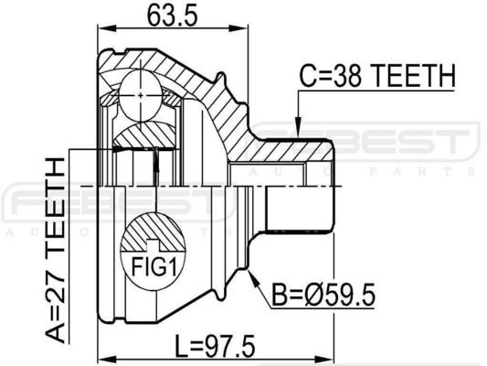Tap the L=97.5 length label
coord(215,345)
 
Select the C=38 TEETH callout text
coord(376,76)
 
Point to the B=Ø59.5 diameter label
coord(323,294)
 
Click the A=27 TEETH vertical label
coord(56,250)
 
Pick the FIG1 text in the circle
coord(154,267)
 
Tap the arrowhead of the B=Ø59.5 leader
coord(253,277)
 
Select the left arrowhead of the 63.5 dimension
coord(107,28)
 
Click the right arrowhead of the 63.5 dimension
coord(238,28)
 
